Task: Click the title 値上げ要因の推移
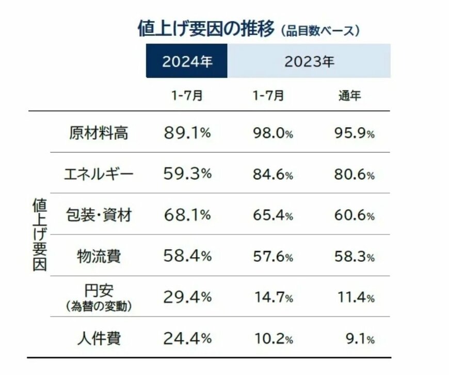click(206, 29)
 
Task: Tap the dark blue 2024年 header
click(187, 61)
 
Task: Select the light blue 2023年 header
click(309, 61)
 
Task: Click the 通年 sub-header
click(349, 96)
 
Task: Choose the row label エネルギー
click(99, 174)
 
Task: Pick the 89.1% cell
click(187, 133)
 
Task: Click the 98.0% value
click(273, 133)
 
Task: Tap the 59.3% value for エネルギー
click(187, 174)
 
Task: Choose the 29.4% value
click(187, 297)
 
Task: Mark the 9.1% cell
click(360, 339)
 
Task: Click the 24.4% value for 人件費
click(187, 338)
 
